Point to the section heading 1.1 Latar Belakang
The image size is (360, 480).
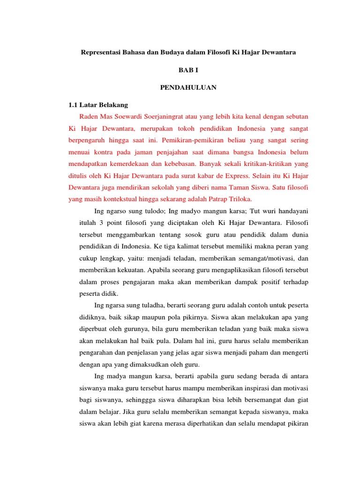click(x=98, y=105)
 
